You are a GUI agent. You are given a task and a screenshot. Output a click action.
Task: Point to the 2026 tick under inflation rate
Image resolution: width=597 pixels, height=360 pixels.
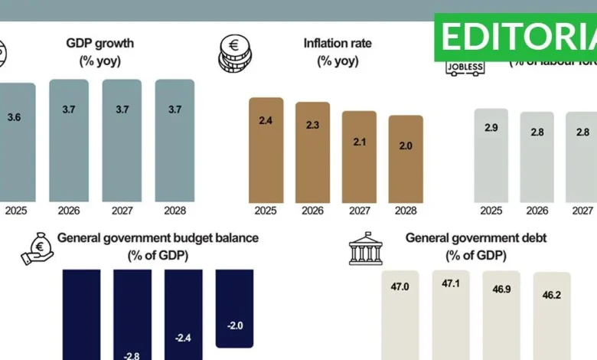tap(312, 211)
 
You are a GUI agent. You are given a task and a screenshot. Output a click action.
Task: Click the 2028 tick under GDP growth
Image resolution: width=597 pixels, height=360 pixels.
tap(175, 211)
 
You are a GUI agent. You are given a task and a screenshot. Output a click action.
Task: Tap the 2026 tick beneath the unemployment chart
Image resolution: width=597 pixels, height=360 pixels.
tap(537, 211)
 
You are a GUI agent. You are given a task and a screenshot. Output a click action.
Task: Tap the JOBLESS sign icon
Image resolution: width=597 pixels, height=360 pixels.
tap(465, 67)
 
